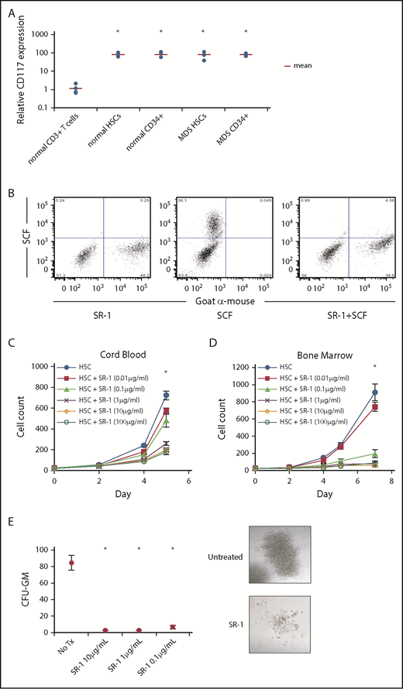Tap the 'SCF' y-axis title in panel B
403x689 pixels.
point(12,235)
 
